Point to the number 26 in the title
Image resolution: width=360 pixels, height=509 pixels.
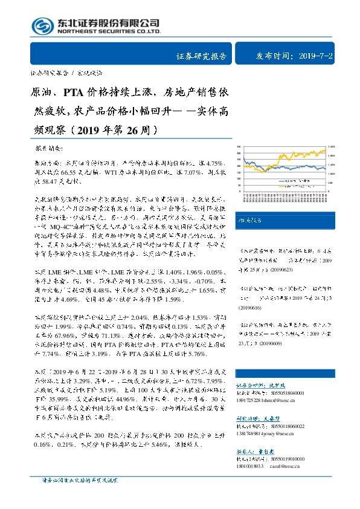[138, 129]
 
